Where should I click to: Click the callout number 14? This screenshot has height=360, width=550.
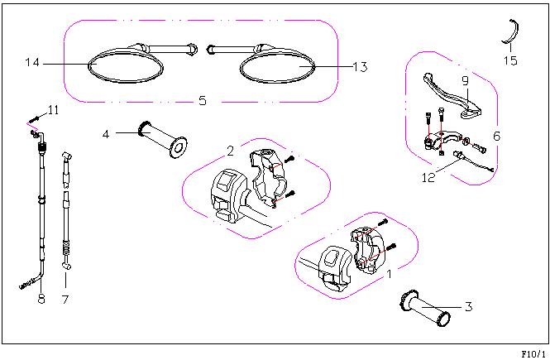pos(32,63)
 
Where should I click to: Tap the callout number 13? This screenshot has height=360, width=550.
pos(360,67)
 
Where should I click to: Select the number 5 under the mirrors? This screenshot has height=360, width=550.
pos(203,101)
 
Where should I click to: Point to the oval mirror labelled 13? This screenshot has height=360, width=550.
pos(277,66)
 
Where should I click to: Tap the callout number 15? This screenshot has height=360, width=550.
pos(510,60)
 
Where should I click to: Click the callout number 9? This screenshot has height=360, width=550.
pos(465,81)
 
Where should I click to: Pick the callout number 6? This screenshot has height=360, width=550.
pos(497,136)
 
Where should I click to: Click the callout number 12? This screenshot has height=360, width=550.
pos(428,178)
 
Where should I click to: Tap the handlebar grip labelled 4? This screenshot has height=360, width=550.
pos(163,139)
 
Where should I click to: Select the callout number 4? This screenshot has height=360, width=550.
pos(106,134)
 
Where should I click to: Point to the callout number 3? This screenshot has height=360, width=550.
pos(469,307)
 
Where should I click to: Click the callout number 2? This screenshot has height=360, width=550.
pos(230,151)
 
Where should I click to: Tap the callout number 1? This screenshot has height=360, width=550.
pos(389,274)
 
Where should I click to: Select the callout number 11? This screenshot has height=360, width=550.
pos(53,110)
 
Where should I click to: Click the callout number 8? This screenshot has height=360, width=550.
pos(41,299)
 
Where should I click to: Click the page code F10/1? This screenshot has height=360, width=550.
pos(533,353)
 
